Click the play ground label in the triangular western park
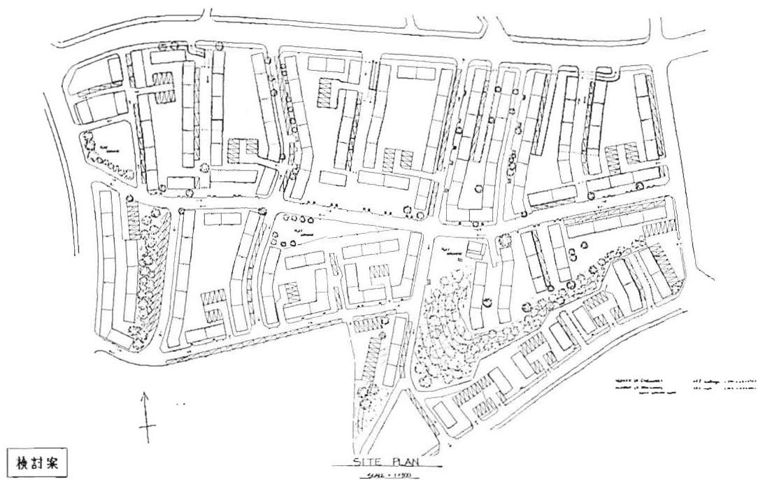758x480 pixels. tap(105, 148)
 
